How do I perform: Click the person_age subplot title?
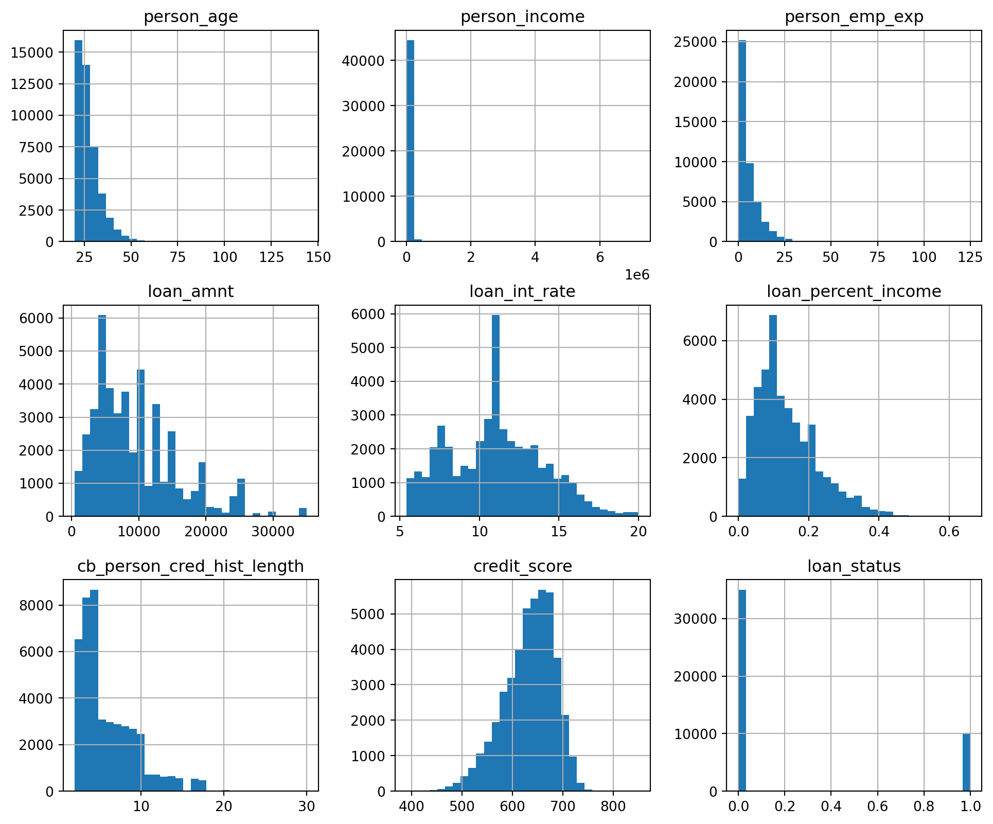(x=190, y=17)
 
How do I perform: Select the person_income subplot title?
(x=522, y=17)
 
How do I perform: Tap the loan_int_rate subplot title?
(x=522, y=292)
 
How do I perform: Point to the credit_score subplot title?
(x=522, y=566)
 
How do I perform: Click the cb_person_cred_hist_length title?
(x=190, y=566)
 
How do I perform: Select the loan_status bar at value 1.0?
(x=966, y=762)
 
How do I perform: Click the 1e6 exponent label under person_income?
(x=637, y=275)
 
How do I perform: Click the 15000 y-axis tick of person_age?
(x=32, y=52)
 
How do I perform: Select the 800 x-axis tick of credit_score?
(x=613, y=807)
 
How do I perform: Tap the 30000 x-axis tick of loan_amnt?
(x=273, y=532)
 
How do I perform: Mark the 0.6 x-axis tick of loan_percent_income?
(x=949, y=532)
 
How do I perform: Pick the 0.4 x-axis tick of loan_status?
(x=831, y=807)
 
